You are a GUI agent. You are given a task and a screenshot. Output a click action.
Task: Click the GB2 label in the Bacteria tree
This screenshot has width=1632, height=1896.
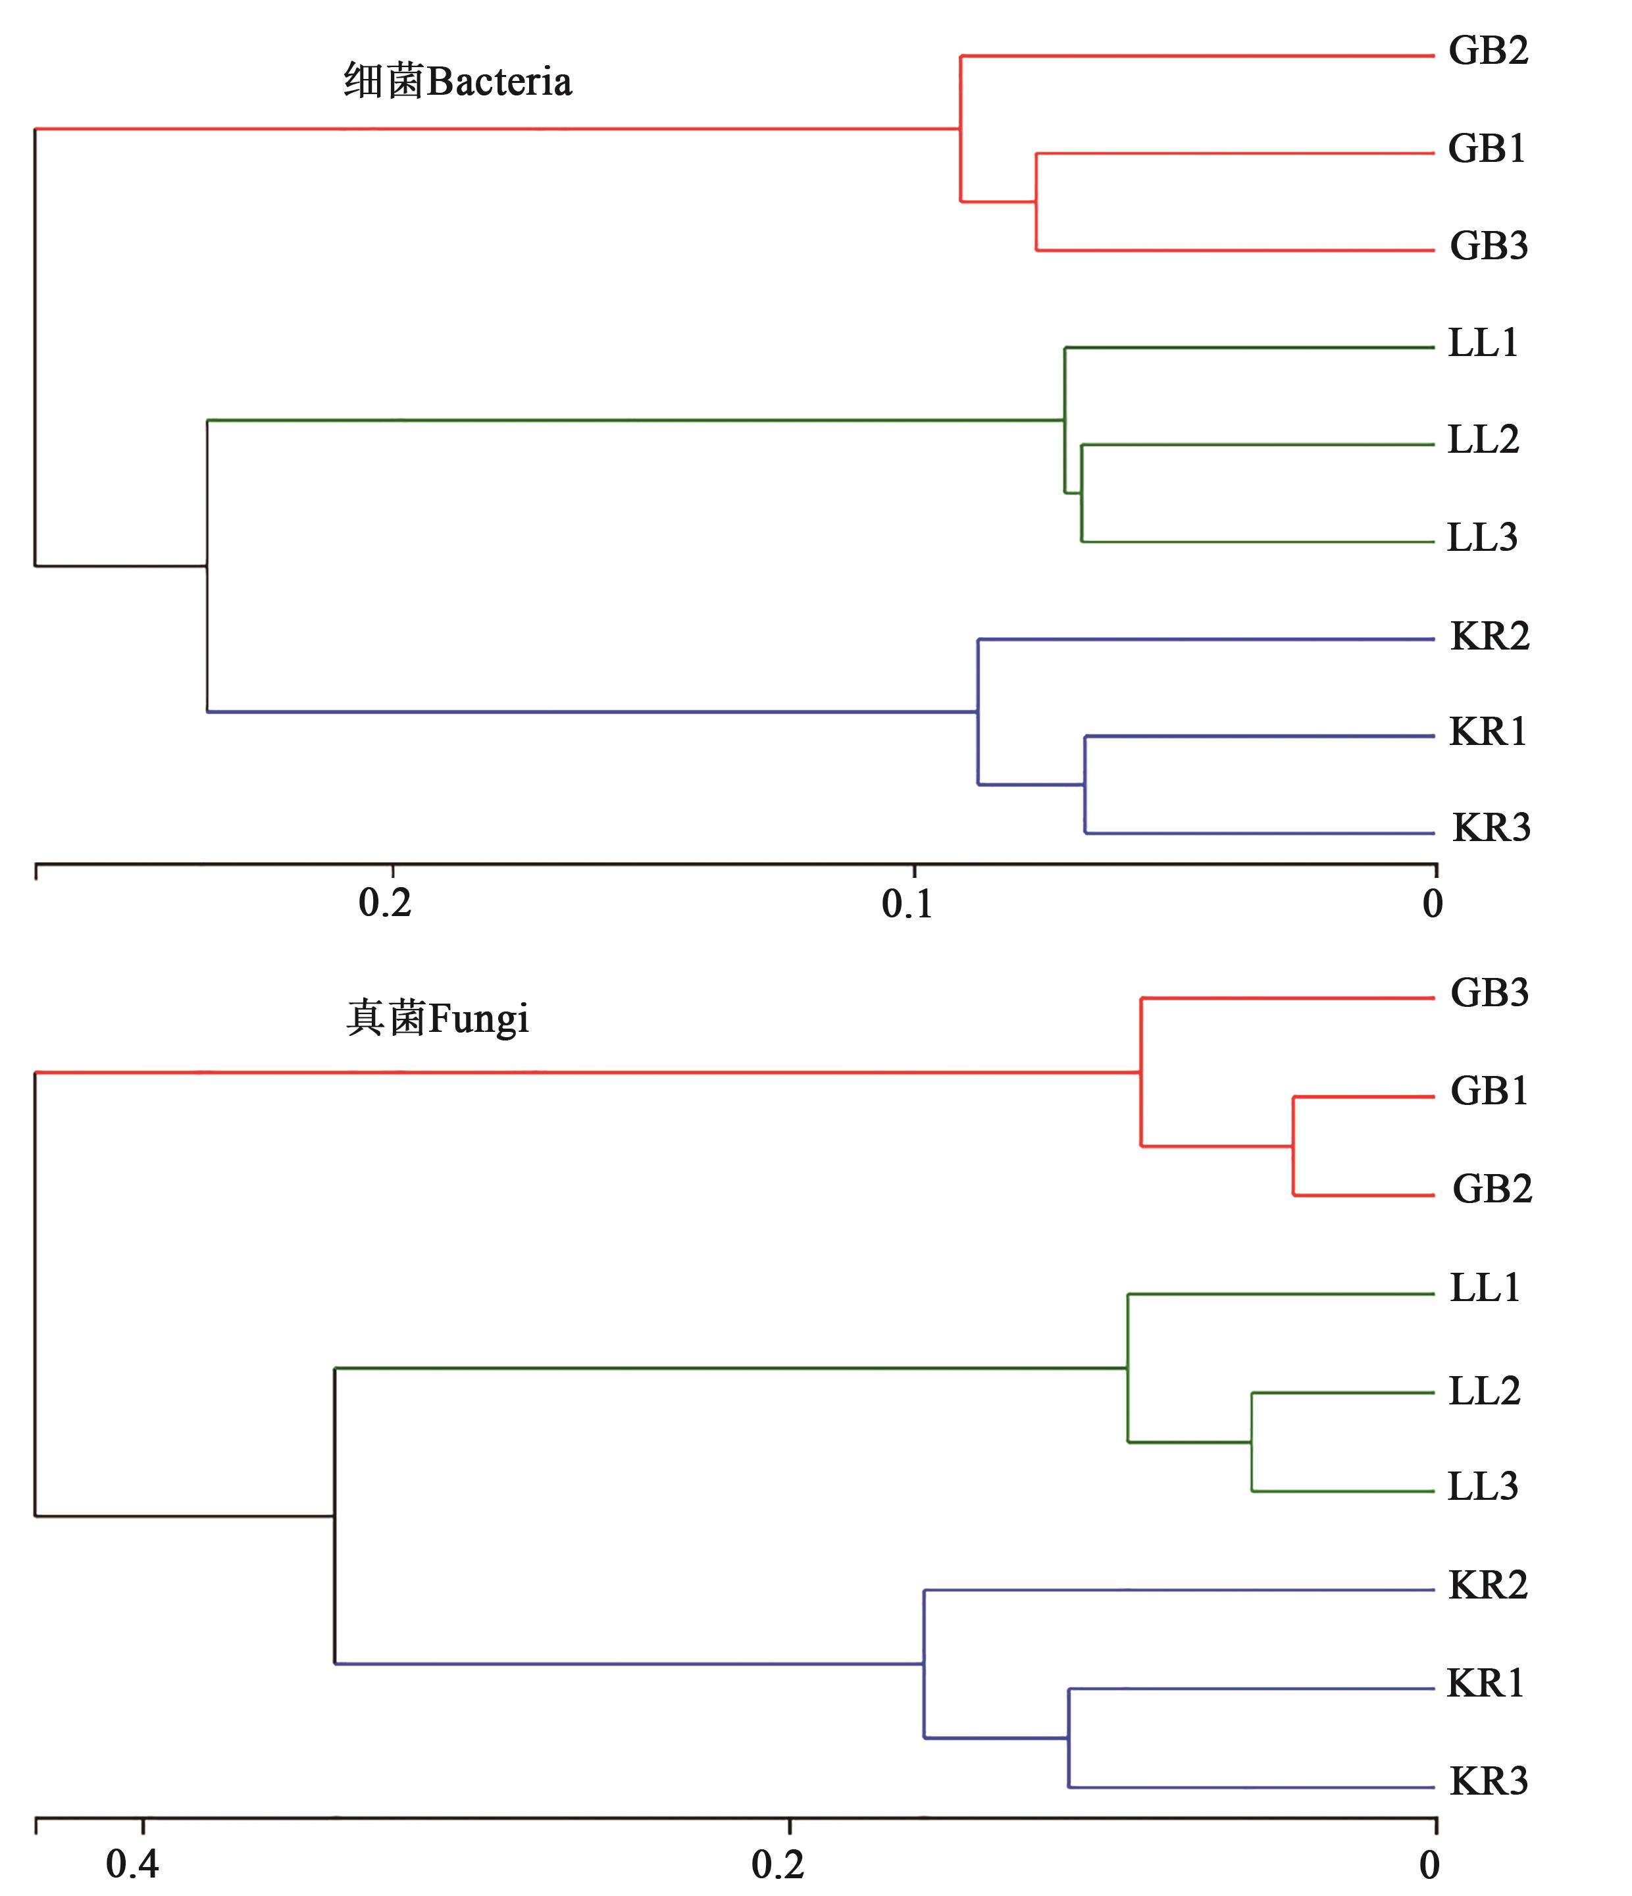(x=1489, y=51)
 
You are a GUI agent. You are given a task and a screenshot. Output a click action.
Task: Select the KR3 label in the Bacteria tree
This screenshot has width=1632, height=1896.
(x=1491, y=828)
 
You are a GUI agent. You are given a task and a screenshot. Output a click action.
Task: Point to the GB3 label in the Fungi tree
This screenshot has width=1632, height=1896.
(x=1489, y=993)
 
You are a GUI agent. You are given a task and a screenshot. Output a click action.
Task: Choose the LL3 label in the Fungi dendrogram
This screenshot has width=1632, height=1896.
(x=1483, y=1486)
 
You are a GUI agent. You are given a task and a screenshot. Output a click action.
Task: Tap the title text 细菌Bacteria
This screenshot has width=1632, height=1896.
(x=457, y=82)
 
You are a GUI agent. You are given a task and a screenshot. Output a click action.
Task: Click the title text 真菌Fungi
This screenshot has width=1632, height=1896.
(x=437, y=1019)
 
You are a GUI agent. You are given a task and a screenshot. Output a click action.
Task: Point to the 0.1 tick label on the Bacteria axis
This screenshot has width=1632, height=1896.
(x=907, y=905)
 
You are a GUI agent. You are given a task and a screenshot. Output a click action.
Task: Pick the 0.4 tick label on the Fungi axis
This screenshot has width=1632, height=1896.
(x=133, y=1864)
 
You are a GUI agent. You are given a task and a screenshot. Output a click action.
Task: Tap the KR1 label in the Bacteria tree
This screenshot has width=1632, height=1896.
(x=1489, y=732)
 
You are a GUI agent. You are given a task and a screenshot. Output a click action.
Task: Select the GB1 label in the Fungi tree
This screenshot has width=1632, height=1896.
(x=1489, y=1090)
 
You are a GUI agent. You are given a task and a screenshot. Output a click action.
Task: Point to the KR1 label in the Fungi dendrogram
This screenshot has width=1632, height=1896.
(x=1486, y=1683)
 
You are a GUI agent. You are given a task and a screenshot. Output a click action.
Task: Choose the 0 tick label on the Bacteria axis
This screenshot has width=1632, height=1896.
(x=1433, y=905)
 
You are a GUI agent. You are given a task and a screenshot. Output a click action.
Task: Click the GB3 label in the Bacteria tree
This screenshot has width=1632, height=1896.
(x=1489, y=246)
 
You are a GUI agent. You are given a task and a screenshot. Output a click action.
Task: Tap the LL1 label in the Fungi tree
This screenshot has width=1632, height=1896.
(x=1485, y=1289)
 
